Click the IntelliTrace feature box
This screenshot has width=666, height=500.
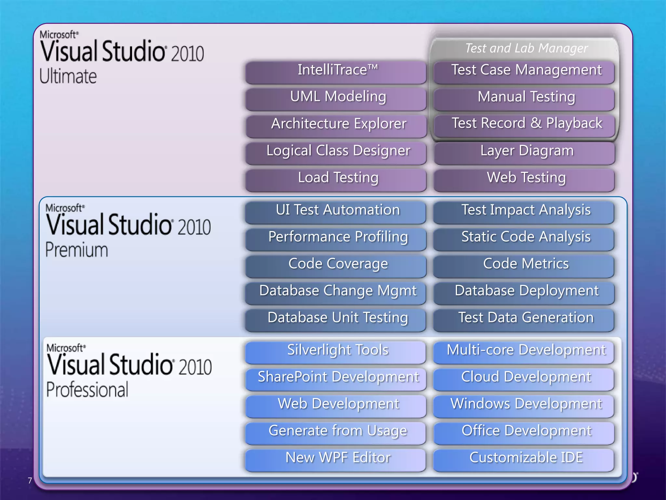(336, 72)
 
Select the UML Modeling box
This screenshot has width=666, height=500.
(336, 98)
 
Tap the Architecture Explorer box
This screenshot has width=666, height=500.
(336, 125)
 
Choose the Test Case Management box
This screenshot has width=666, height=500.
(524, 72)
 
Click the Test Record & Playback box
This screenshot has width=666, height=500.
(524, 125)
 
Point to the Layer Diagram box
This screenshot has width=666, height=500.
(524, 152)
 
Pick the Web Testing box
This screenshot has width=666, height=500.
(524, 179)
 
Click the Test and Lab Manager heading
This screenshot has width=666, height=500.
(526, 48)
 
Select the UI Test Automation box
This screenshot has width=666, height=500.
(336, 212)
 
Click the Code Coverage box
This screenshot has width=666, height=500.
(336, 266)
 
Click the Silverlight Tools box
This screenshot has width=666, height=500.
(336, 352)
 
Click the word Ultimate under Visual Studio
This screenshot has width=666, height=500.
(68, 76)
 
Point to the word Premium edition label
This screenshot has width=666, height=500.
(76, 250)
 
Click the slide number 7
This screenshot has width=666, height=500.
(30, 480)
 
